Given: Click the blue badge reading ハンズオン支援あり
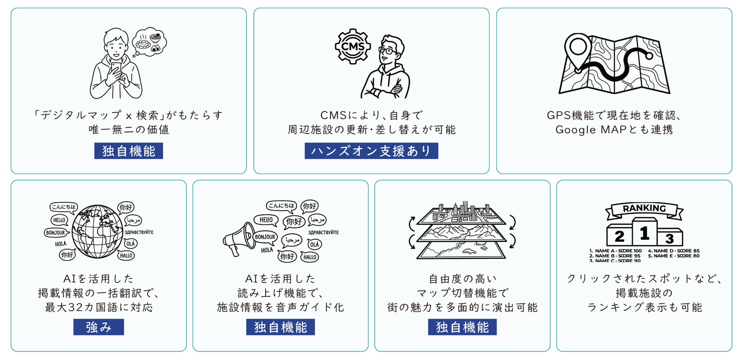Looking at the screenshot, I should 371,151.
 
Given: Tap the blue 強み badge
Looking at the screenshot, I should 98,327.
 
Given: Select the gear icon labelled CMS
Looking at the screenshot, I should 353,47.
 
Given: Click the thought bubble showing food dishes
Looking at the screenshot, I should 150,41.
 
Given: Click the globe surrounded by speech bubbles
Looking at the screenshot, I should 97,231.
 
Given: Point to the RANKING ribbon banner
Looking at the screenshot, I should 644,209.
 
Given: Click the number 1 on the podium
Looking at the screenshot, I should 644,233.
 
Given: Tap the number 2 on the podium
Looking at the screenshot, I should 619,237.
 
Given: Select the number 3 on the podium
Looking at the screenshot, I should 670,238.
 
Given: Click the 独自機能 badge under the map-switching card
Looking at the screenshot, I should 462,327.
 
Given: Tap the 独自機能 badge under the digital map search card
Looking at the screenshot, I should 128,151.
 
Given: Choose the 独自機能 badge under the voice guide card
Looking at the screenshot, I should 280,327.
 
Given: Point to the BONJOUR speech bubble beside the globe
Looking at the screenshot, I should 56,233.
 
